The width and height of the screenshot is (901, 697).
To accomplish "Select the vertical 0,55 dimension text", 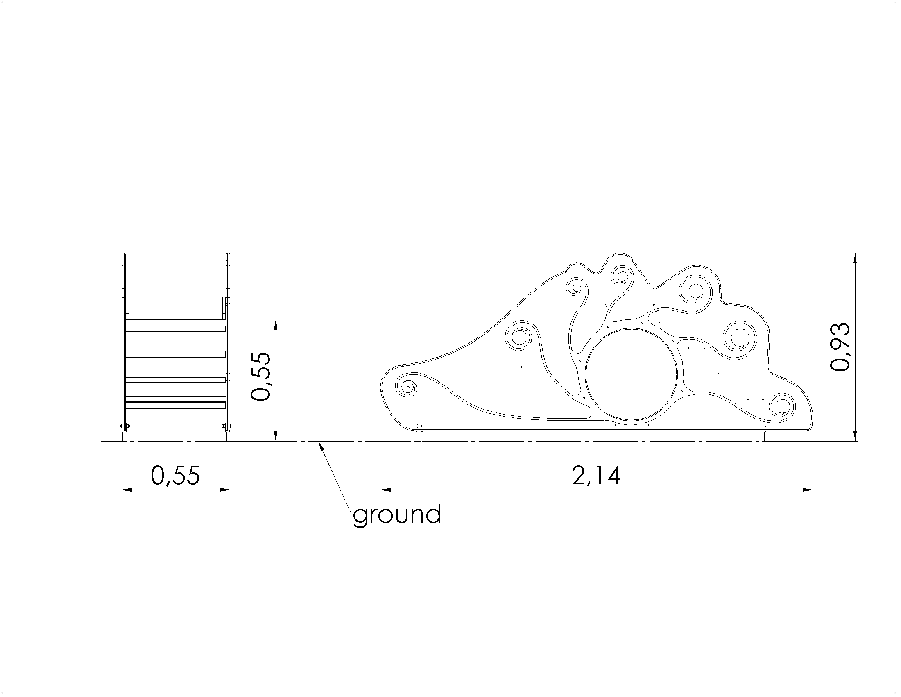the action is click(261, 376).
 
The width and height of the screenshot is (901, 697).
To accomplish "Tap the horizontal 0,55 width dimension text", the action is click(175, 475).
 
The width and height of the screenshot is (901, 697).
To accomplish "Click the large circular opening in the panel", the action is click(632, 375).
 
